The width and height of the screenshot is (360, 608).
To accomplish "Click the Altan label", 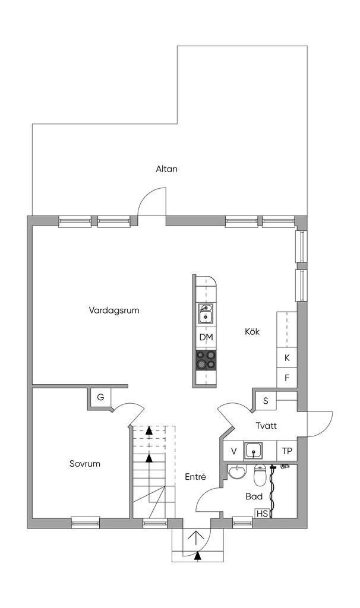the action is pos(167,169).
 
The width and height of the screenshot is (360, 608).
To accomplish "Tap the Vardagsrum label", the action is pos(114,311).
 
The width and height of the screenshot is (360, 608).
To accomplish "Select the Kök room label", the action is pos(252,332).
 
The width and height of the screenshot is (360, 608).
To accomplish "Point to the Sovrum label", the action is pos(85,463).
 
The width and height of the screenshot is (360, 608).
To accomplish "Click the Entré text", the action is pos(195,477).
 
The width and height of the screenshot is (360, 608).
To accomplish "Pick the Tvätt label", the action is pos(267,425).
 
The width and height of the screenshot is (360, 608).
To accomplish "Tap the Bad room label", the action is pos(254,496).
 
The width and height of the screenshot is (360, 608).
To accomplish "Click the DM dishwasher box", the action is pos(206,337).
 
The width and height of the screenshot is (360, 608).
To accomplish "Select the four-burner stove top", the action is pos(206,360).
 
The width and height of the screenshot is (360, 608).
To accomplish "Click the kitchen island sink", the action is pos(206,313).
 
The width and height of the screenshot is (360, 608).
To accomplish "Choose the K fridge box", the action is pos(287,357).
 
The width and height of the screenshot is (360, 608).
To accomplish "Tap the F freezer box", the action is pos(287,377).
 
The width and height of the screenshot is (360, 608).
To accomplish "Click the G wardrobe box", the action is pos(100,397).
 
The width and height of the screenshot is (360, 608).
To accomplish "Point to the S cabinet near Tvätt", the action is pos(266,401).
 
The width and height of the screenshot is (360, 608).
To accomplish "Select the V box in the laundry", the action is pos(233,451).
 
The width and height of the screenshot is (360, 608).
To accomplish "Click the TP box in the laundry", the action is pos(287,451).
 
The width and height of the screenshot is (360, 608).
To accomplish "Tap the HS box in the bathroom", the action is pos(262,514).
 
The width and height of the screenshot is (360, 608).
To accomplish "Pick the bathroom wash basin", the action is pos(236,472).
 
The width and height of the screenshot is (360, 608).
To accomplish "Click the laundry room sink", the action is pos(253,451).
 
